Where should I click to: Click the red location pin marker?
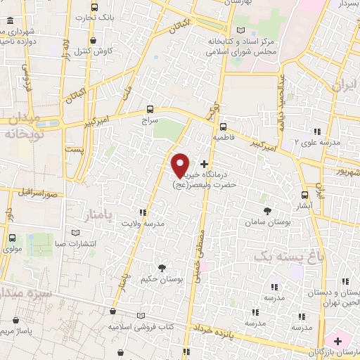point(181,165)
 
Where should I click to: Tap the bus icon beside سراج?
point(149,109)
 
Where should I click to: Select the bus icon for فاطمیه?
point(223,127)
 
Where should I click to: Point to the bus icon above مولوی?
point(13,238)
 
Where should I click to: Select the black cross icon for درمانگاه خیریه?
point(204,164)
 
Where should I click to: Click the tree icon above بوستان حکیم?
point(162,267)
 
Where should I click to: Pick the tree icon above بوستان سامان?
point(266,210)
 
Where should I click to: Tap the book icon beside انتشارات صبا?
point(76,233)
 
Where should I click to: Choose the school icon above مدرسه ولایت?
point(143,212)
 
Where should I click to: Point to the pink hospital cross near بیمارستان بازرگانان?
point(338,340)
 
